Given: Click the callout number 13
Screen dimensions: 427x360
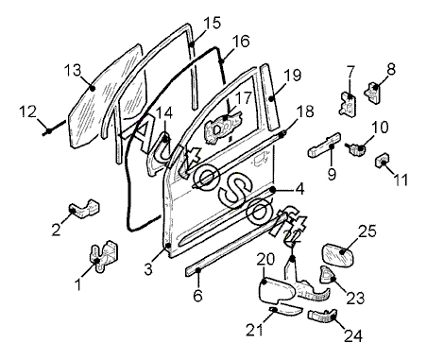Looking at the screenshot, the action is tap(74, 71).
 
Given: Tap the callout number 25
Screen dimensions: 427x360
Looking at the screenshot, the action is tap(367, 231).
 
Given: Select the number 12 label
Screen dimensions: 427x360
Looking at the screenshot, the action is tap(28, 111).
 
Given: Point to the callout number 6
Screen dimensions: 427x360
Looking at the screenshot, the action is tap(197, 296).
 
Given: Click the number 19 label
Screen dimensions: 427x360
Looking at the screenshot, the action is tap(293, 76).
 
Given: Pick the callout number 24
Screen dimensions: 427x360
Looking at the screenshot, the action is tap(353, 335).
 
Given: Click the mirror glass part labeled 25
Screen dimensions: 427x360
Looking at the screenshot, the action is tap(338, 253).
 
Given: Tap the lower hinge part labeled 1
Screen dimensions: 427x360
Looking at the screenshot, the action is tap(103, 255).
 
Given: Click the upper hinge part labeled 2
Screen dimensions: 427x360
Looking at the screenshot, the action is tap(84, 208).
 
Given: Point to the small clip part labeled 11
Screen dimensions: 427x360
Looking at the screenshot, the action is tap(382, 160).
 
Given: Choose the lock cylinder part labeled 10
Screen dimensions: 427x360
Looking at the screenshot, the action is tap(356, 147).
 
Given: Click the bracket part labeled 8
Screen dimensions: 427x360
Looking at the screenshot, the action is tap(373, 92).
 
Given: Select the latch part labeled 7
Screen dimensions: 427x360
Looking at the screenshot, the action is tap(348, 103).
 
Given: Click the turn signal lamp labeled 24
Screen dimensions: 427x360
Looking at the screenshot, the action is tap(322, 316).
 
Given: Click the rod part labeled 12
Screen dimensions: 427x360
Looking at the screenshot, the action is tap(54, 128).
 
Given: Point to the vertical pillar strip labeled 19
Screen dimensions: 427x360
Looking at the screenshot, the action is tap(269, 96).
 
